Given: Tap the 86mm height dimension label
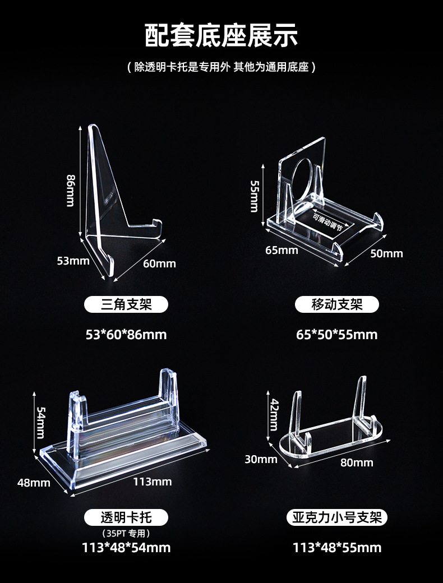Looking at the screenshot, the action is pos(71,190).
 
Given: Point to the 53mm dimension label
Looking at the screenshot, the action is pos(73,261).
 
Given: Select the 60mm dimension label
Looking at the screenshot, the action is pos(159,263).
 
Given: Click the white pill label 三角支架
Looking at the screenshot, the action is pos(126,304).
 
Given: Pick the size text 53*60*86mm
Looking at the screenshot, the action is pos(126,335).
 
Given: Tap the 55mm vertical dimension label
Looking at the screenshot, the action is pos(254,196).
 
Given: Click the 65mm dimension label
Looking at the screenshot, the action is pos(282,250).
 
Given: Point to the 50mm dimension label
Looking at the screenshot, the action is pos(386,253).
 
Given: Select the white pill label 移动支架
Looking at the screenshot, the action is pos(337,304).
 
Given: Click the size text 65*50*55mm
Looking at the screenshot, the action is pos(337,335).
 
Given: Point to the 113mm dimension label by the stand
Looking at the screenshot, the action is pos(153,482).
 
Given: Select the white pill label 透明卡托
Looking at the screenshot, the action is pos(126,517).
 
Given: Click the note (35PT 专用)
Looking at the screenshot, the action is pos(126,533).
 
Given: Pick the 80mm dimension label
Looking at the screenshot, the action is pos(357,462).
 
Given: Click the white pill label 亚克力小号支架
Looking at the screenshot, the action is pos(337,517).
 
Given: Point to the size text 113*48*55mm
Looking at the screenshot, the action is pos(337,548).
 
